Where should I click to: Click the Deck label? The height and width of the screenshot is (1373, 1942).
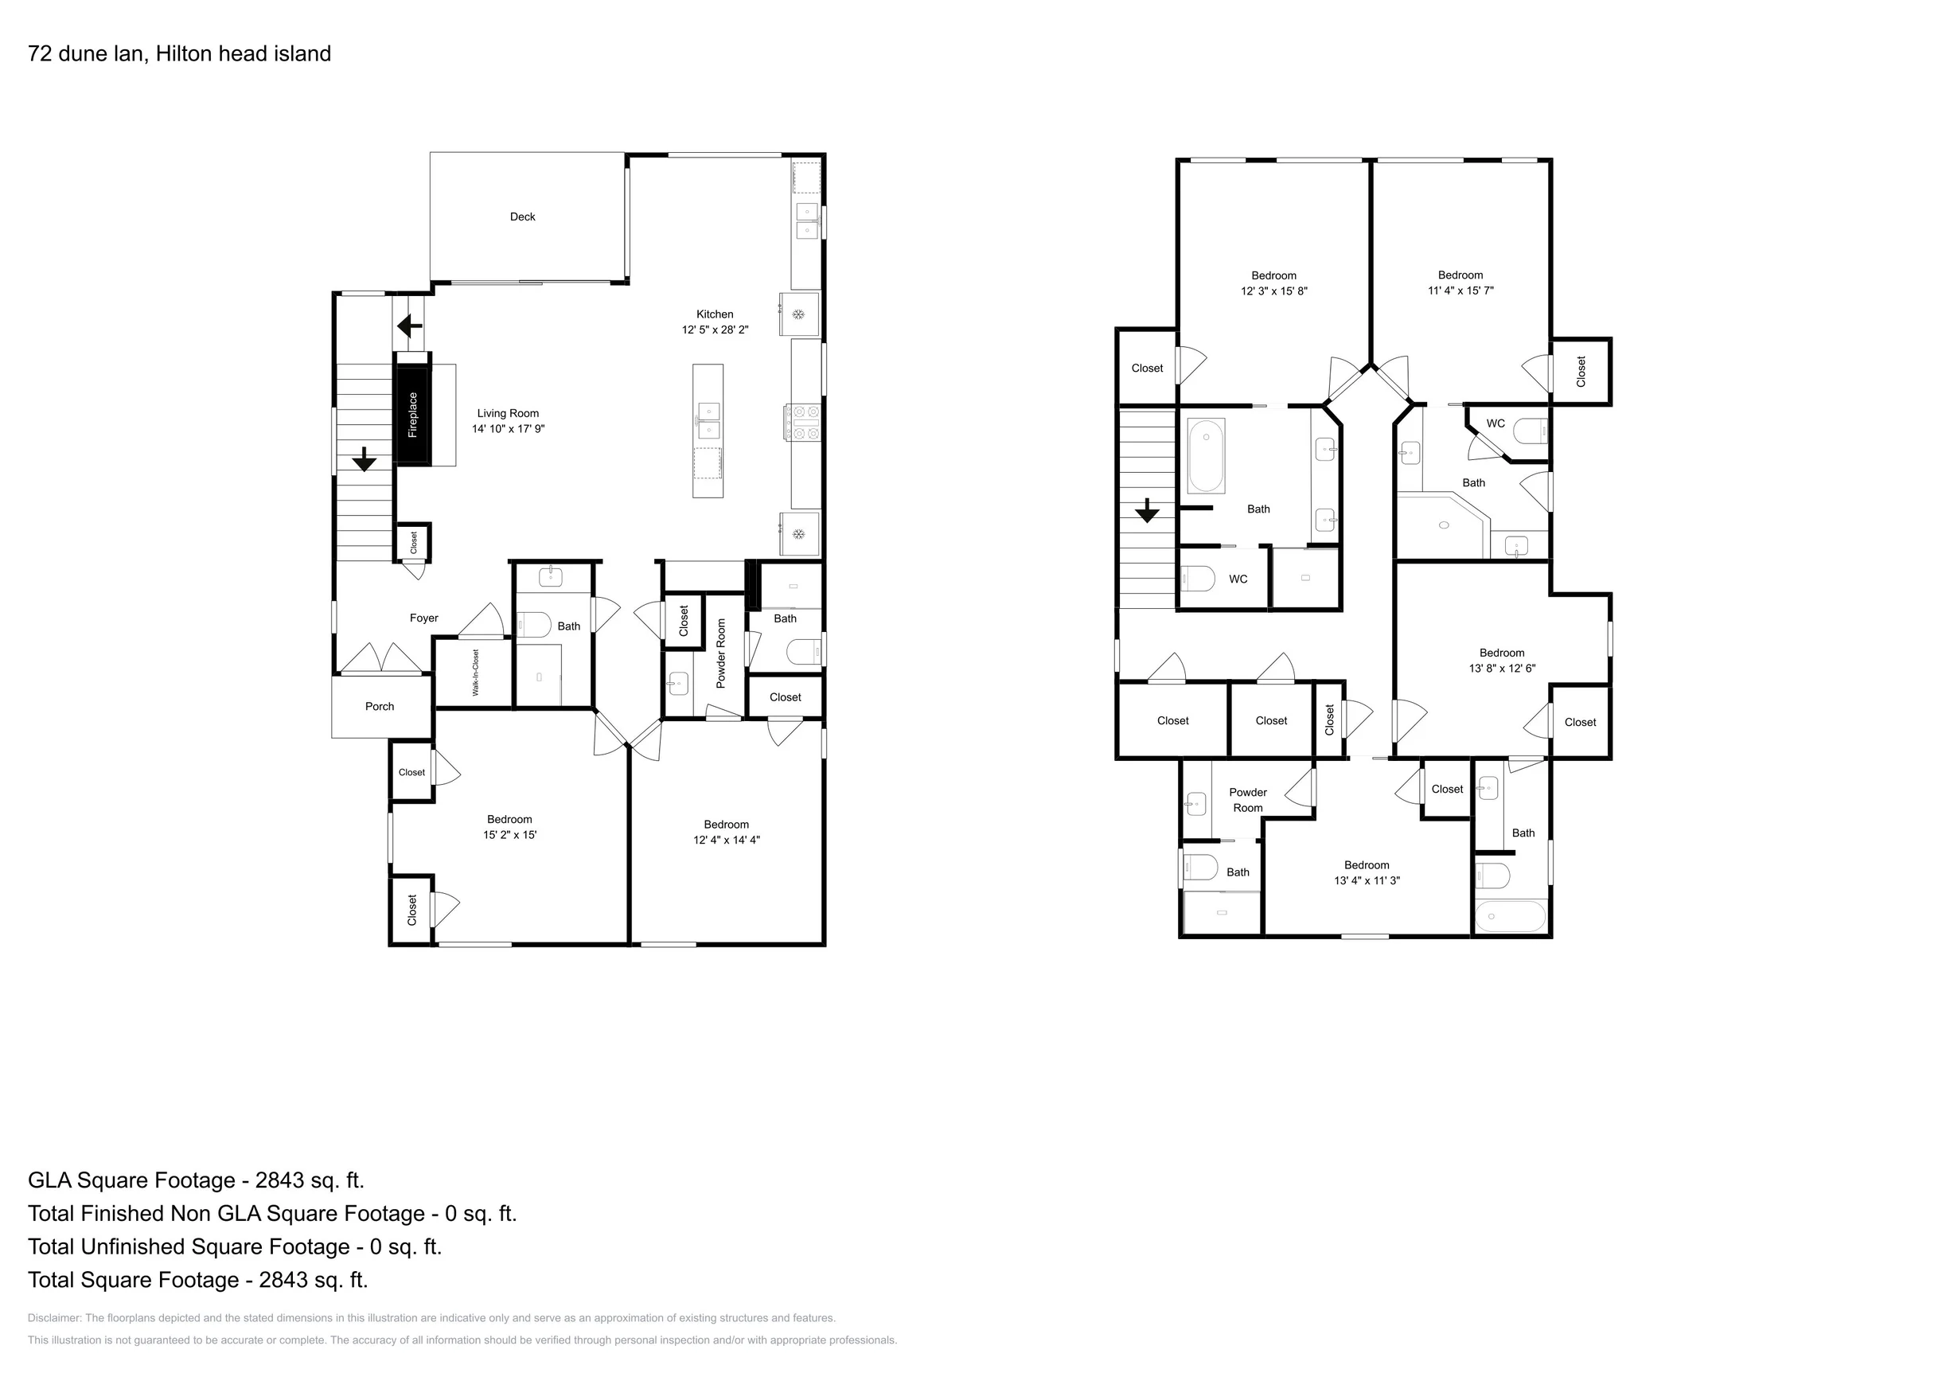[523, 216]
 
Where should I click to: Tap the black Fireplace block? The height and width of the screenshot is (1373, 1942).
[413, 415]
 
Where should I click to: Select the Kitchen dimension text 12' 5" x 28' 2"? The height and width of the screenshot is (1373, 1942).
[716, 330]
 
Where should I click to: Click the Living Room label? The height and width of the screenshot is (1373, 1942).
[508, 414]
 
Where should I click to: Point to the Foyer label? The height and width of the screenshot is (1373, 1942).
[423, 618]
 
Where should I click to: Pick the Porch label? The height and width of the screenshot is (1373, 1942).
[380, 706]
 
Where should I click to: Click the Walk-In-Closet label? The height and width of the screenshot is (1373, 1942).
[475, 673]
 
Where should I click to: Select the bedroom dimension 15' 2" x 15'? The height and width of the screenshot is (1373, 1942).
[510, 835]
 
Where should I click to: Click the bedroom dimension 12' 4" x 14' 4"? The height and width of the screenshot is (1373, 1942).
[727, 840]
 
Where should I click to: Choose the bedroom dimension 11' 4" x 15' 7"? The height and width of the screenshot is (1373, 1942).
[1460, 291]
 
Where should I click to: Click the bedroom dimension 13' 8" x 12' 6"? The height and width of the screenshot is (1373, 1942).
[1502, 669]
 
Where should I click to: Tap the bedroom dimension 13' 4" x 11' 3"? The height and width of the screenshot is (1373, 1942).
[1367, 880]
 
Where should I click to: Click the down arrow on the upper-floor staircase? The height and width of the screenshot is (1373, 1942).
[1147, 511]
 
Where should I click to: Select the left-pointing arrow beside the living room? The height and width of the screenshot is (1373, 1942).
[410, 325]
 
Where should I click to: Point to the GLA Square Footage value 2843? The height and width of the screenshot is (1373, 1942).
[279, 1180]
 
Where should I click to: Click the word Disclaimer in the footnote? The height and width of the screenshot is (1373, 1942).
[54, 1318]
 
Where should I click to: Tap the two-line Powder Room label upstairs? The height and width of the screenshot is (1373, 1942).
[1248, 800]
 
